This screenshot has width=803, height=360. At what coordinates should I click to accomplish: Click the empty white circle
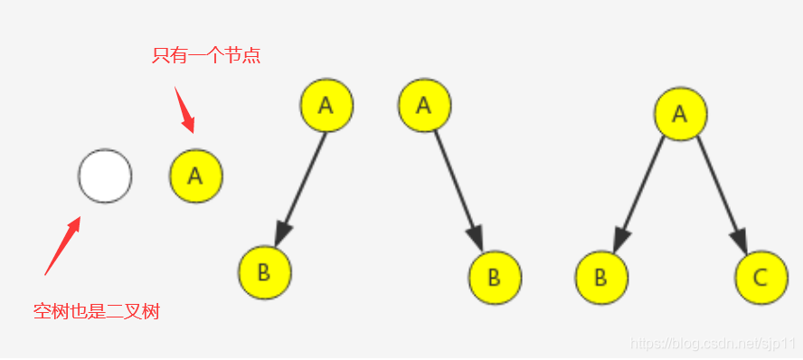point(105,175)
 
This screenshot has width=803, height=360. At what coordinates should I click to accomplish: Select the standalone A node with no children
point(196,175)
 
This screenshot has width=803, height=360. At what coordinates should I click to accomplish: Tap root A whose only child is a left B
point(326,105)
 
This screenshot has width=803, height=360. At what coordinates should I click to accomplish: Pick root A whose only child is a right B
point(424,105)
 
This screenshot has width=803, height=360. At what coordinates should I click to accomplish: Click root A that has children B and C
point(680,114)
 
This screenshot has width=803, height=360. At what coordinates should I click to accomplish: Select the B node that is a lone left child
point(264,272)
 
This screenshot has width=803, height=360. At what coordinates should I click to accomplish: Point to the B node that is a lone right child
point(495,276)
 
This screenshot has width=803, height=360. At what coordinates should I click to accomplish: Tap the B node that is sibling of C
point(601,277)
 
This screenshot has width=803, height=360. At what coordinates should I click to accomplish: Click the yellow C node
point(761,277)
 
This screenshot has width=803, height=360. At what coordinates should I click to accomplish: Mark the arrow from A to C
point(722,194)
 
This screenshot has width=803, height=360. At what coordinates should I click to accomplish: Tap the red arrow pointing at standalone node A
point(184,109)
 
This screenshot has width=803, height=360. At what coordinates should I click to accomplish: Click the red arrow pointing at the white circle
point(62,244)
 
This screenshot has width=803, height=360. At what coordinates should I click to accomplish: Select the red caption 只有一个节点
point(206,56)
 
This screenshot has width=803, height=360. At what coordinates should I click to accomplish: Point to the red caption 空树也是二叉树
point(97,312)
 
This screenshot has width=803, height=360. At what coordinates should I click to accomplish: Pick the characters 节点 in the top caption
point(243,56)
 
